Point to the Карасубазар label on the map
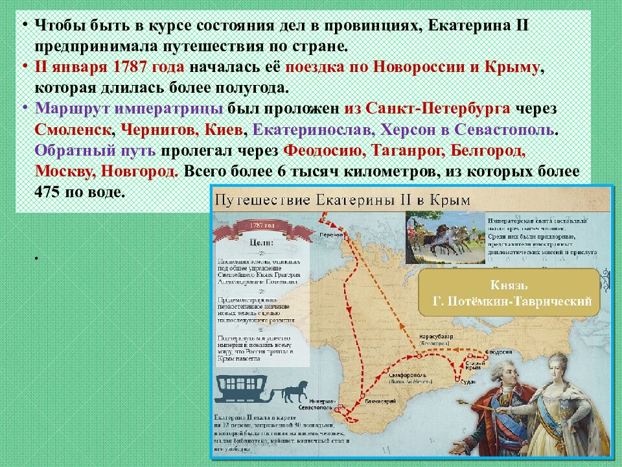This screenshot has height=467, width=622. click(x=433, y=338)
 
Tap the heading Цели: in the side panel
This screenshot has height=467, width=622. click(x=260, y=243)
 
